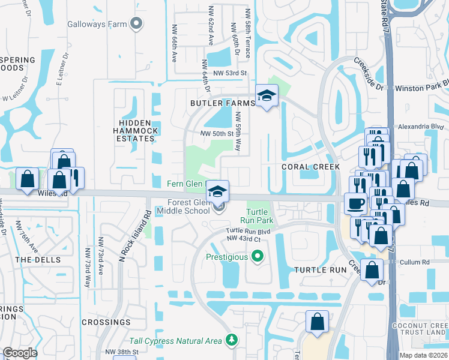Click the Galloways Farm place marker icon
(x=137, y=24)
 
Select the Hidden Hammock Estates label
(x=136, y=130)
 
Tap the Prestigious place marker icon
(x=258, y=257)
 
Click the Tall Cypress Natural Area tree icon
(x=232, y=341)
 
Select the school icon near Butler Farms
(x=267, y=95)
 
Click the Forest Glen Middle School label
(x=184, y=206)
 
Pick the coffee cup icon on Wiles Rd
(x=355, y=203)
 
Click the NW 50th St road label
(x=216, y=133)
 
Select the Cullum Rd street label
(x=417, y=262)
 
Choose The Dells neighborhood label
(x=38, y=260)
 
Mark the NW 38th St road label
(x=122, y=352)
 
